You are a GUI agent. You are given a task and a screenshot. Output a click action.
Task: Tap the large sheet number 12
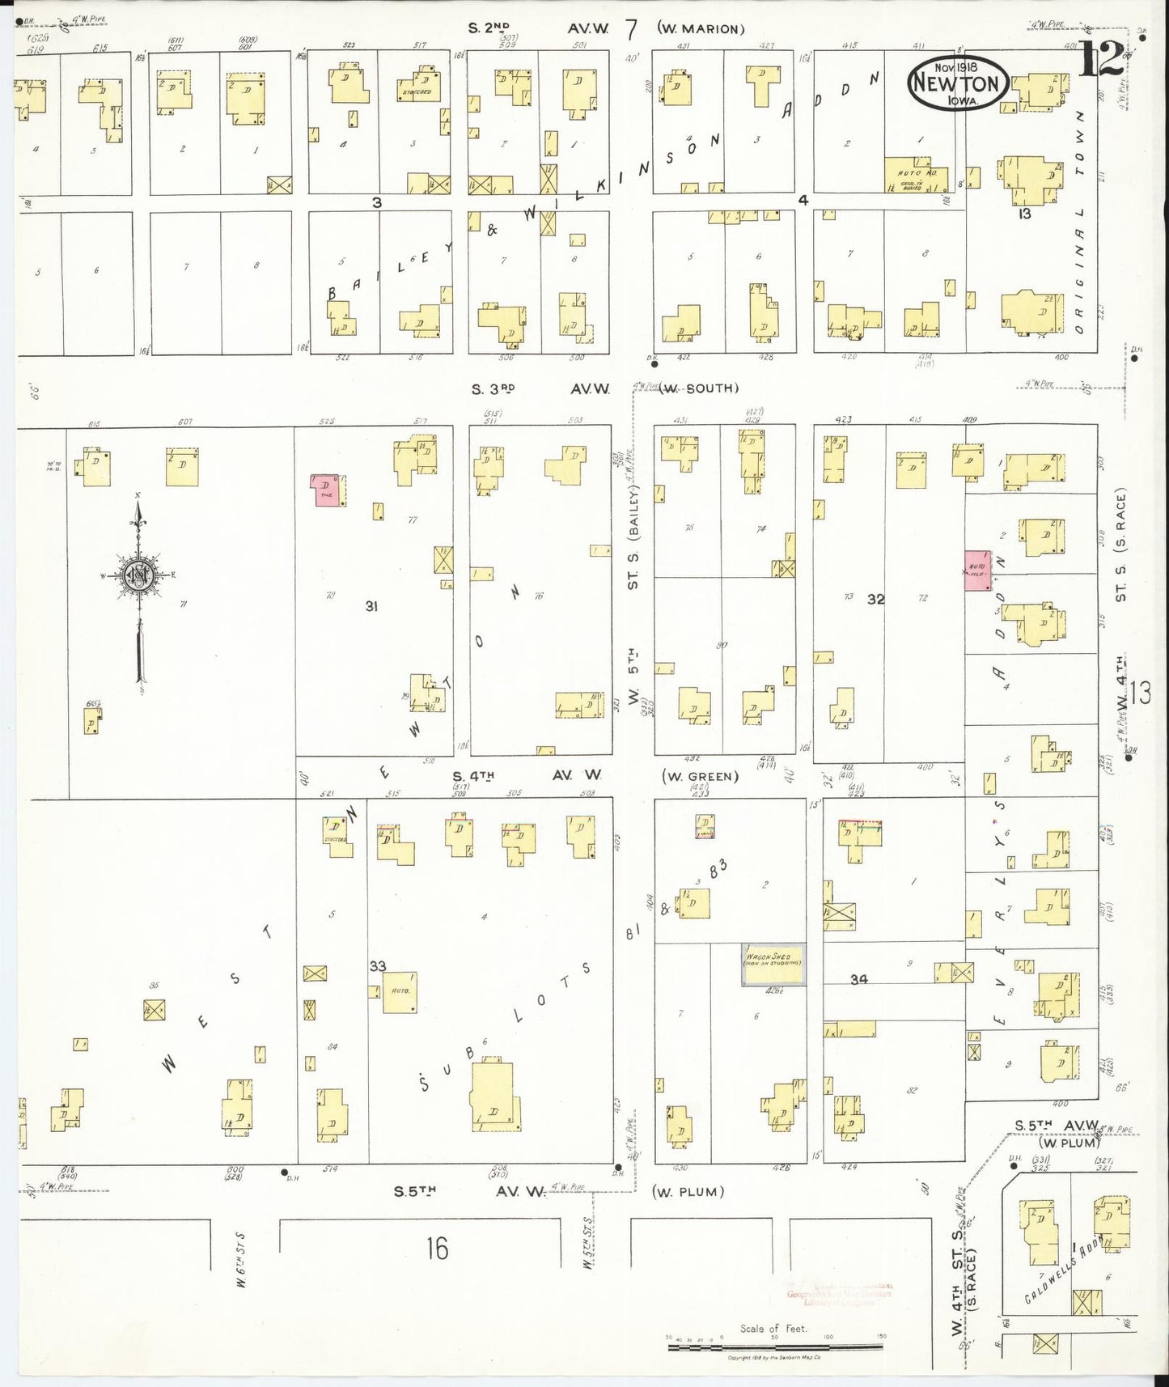point(1101,58)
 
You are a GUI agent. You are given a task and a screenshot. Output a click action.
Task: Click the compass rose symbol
point(139,575)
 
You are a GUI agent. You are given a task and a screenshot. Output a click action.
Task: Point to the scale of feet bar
point(774,1347)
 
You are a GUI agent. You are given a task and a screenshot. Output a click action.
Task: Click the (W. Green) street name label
point(700,777)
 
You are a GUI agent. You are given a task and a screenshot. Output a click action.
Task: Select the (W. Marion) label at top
point(700,29)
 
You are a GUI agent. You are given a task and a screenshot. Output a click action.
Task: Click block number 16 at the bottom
point(437,1249)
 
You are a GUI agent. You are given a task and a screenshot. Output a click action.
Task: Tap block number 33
point(378,965)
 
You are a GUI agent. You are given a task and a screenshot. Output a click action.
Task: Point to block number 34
point(858,979)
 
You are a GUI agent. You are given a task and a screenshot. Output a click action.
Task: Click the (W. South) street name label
point(700,388)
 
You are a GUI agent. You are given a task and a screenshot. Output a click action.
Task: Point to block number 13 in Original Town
point(1024,214)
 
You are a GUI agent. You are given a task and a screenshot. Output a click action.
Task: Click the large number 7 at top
point(631,28)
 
